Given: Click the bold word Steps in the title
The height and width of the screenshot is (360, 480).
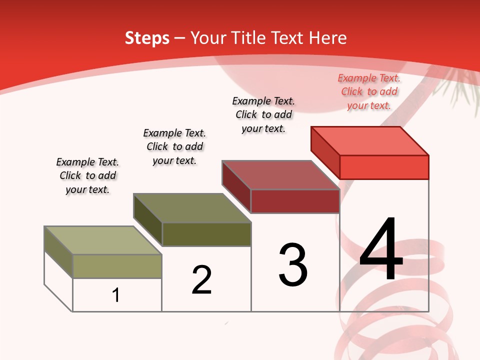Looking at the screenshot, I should [147, 38].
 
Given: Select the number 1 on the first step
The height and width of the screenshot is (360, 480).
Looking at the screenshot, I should [116, 295].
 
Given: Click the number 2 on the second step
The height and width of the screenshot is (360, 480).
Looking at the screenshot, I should [201, 280].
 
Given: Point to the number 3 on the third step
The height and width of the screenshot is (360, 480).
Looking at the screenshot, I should [293, 265].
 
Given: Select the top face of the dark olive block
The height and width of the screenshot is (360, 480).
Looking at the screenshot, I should [192, 208].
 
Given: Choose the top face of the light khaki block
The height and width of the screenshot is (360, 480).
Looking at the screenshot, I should [103, 240].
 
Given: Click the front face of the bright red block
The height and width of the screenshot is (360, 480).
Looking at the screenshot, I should [384, 167].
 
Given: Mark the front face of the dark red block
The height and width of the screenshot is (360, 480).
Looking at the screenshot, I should [295, 201].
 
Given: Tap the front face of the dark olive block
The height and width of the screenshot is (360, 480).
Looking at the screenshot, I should [206, 234].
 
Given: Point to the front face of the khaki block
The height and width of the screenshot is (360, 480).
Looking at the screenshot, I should [117, 266].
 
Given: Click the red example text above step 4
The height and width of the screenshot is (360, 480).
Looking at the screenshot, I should [369, 91].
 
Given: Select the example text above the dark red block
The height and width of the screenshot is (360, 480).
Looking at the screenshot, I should [263, 114].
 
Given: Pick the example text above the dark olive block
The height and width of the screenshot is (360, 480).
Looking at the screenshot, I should [174, 146].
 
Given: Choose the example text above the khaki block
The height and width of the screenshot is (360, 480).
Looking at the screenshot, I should [87, 175].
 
